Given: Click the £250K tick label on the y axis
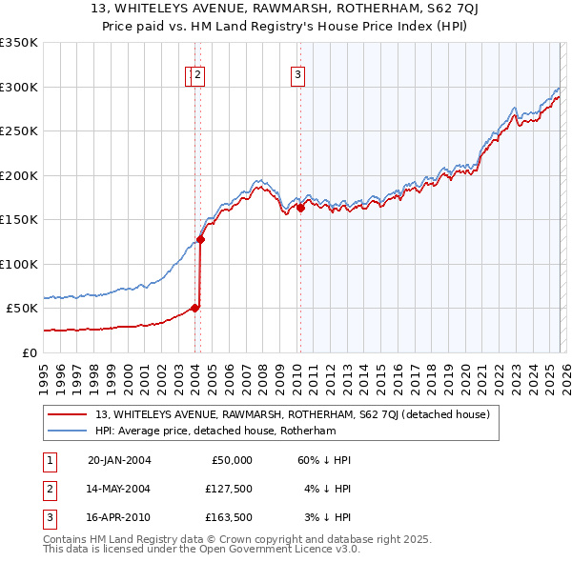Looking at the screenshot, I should (x=19, y=131).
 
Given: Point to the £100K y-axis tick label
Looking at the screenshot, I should (x=19, y=264).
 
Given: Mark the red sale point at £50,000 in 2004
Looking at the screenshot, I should (x=194, y=308).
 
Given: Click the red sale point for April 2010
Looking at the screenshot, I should (x=300, y=208).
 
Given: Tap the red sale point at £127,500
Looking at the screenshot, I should (x=200, y=240).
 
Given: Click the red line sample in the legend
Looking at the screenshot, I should (x=69, y=414).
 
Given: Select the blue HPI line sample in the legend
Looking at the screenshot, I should (x=69, y=431).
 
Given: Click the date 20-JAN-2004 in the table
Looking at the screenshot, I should (x=119, y=460).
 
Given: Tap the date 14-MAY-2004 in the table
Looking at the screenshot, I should (x=119, y=488).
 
